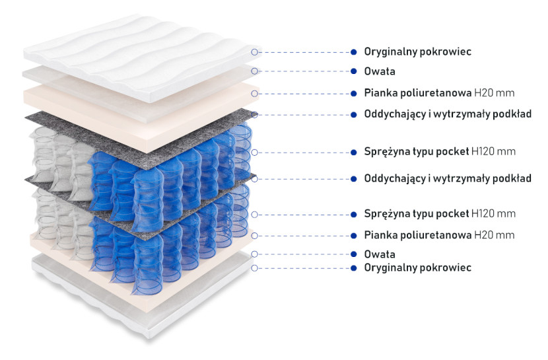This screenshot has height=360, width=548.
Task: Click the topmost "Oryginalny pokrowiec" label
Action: pos(417,52)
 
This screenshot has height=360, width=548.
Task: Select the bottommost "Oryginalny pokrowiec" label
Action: pos(417,268)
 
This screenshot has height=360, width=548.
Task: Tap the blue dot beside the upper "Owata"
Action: pos(354,71)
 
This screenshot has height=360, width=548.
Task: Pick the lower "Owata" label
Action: pos(380,254)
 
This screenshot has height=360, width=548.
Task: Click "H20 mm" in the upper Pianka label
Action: pos(494,93)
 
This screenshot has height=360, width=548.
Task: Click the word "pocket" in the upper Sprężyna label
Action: pos(451,152)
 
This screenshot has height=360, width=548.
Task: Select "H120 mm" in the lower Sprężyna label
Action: pos(493,213)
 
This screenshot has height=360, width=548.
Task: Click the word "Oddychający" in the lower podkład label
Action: pos(395,178)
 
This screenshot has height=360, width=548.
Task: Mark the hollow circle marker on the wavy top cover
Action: pos(254,52)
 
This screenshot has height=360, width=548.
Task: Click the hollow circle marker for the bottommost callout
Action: pos(254,268)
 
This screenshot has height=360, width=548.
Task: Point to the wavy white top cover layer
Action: pos(140,56)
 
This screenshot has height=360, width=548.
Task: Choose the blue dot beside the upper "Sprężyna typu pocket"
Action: pos(354,153)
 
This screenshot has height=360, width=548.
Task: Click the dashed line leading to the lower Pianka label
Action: pos(304,236)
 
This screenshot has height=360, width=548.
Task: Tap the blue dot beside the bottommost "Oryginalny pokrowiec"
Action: pos(354,268)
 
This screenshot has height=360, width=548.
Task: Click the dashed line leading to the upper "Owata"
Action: pos(304,71)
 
